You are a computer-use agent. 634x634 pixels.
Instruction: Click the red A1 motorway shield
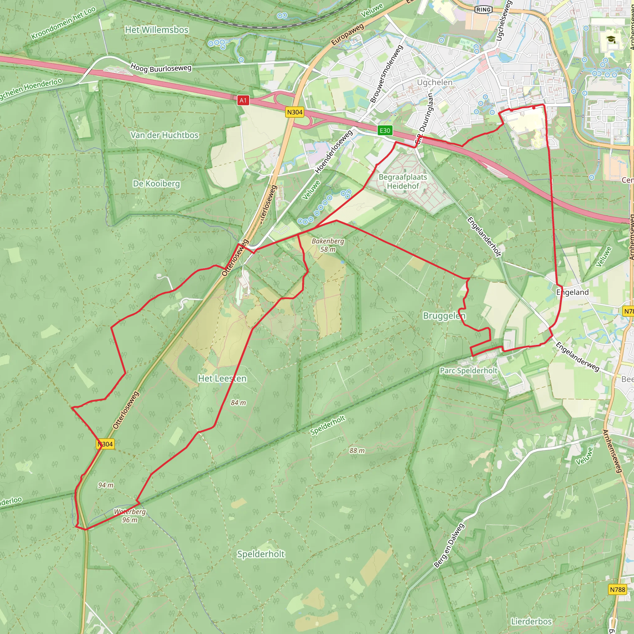pyautogui.click(x=243, y=100)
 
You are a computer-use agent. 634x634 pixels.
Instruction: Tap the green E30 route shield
pyautogui.click(x=384, y=131)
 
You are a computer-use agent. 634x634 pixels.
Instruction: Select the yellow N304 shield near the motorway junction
pyautogui.click(x=295, y=112)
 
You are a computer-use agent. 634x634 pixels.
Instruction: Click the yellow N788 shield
pyautogui.click(x=618, y=589)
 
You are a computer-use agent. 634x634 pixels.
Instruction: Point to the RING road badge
pyautogui.click(x=483, y=10)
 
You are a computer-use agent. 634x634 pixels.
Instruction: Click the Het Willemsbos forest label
pyautogui.click(x=157, y=30)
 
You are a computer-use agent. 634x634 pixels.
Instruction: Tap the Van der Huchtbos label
pyautogui.click(x=164, y=135)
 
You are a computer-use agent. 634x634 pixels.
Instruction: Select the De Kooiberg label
pyautogui.click(x=157, y=184)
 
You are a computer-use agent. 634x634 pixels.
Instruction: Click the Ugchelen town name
pyautogui.click(x=434, y=82)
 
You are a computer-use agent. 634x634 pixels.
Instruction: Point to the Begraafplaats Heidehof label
pyautogui.click(x=403, y=181)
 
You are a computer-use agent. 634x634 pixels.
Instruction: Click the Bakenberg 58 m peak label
pyautogui.click(x=328, y=245)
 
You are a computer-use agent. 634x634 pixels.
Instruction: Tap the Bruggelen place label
pyautogui.click(x=444, y=316)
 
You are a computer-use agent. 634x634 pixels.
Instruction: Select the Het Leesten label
pyautogui.click(x=222, y=379)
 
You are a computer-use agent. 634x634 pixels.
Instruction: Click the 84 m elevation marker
pyautogui.click(x=238, y=403)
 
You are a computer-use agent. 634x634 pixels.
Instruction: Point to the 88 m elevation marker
pyautogui.click(x=357, y=450)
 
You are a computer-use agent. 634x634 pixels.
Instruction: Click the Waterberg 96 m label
pyautogui.click(x=130, y=515)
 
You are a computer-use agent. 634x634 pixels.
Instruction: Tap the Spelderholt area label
pyautogui.click(x=261, y=554)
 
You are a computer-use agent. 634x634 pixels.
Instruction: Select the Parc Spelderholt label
pyautogui.click(x=469, y=371)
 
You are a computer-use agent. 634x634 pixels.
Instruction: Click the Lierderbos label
pyautogui.click(x=531, y=622)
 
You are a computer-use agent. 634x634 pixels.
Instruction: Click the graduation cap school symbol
pyautogui.click(x=611, y=39)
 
